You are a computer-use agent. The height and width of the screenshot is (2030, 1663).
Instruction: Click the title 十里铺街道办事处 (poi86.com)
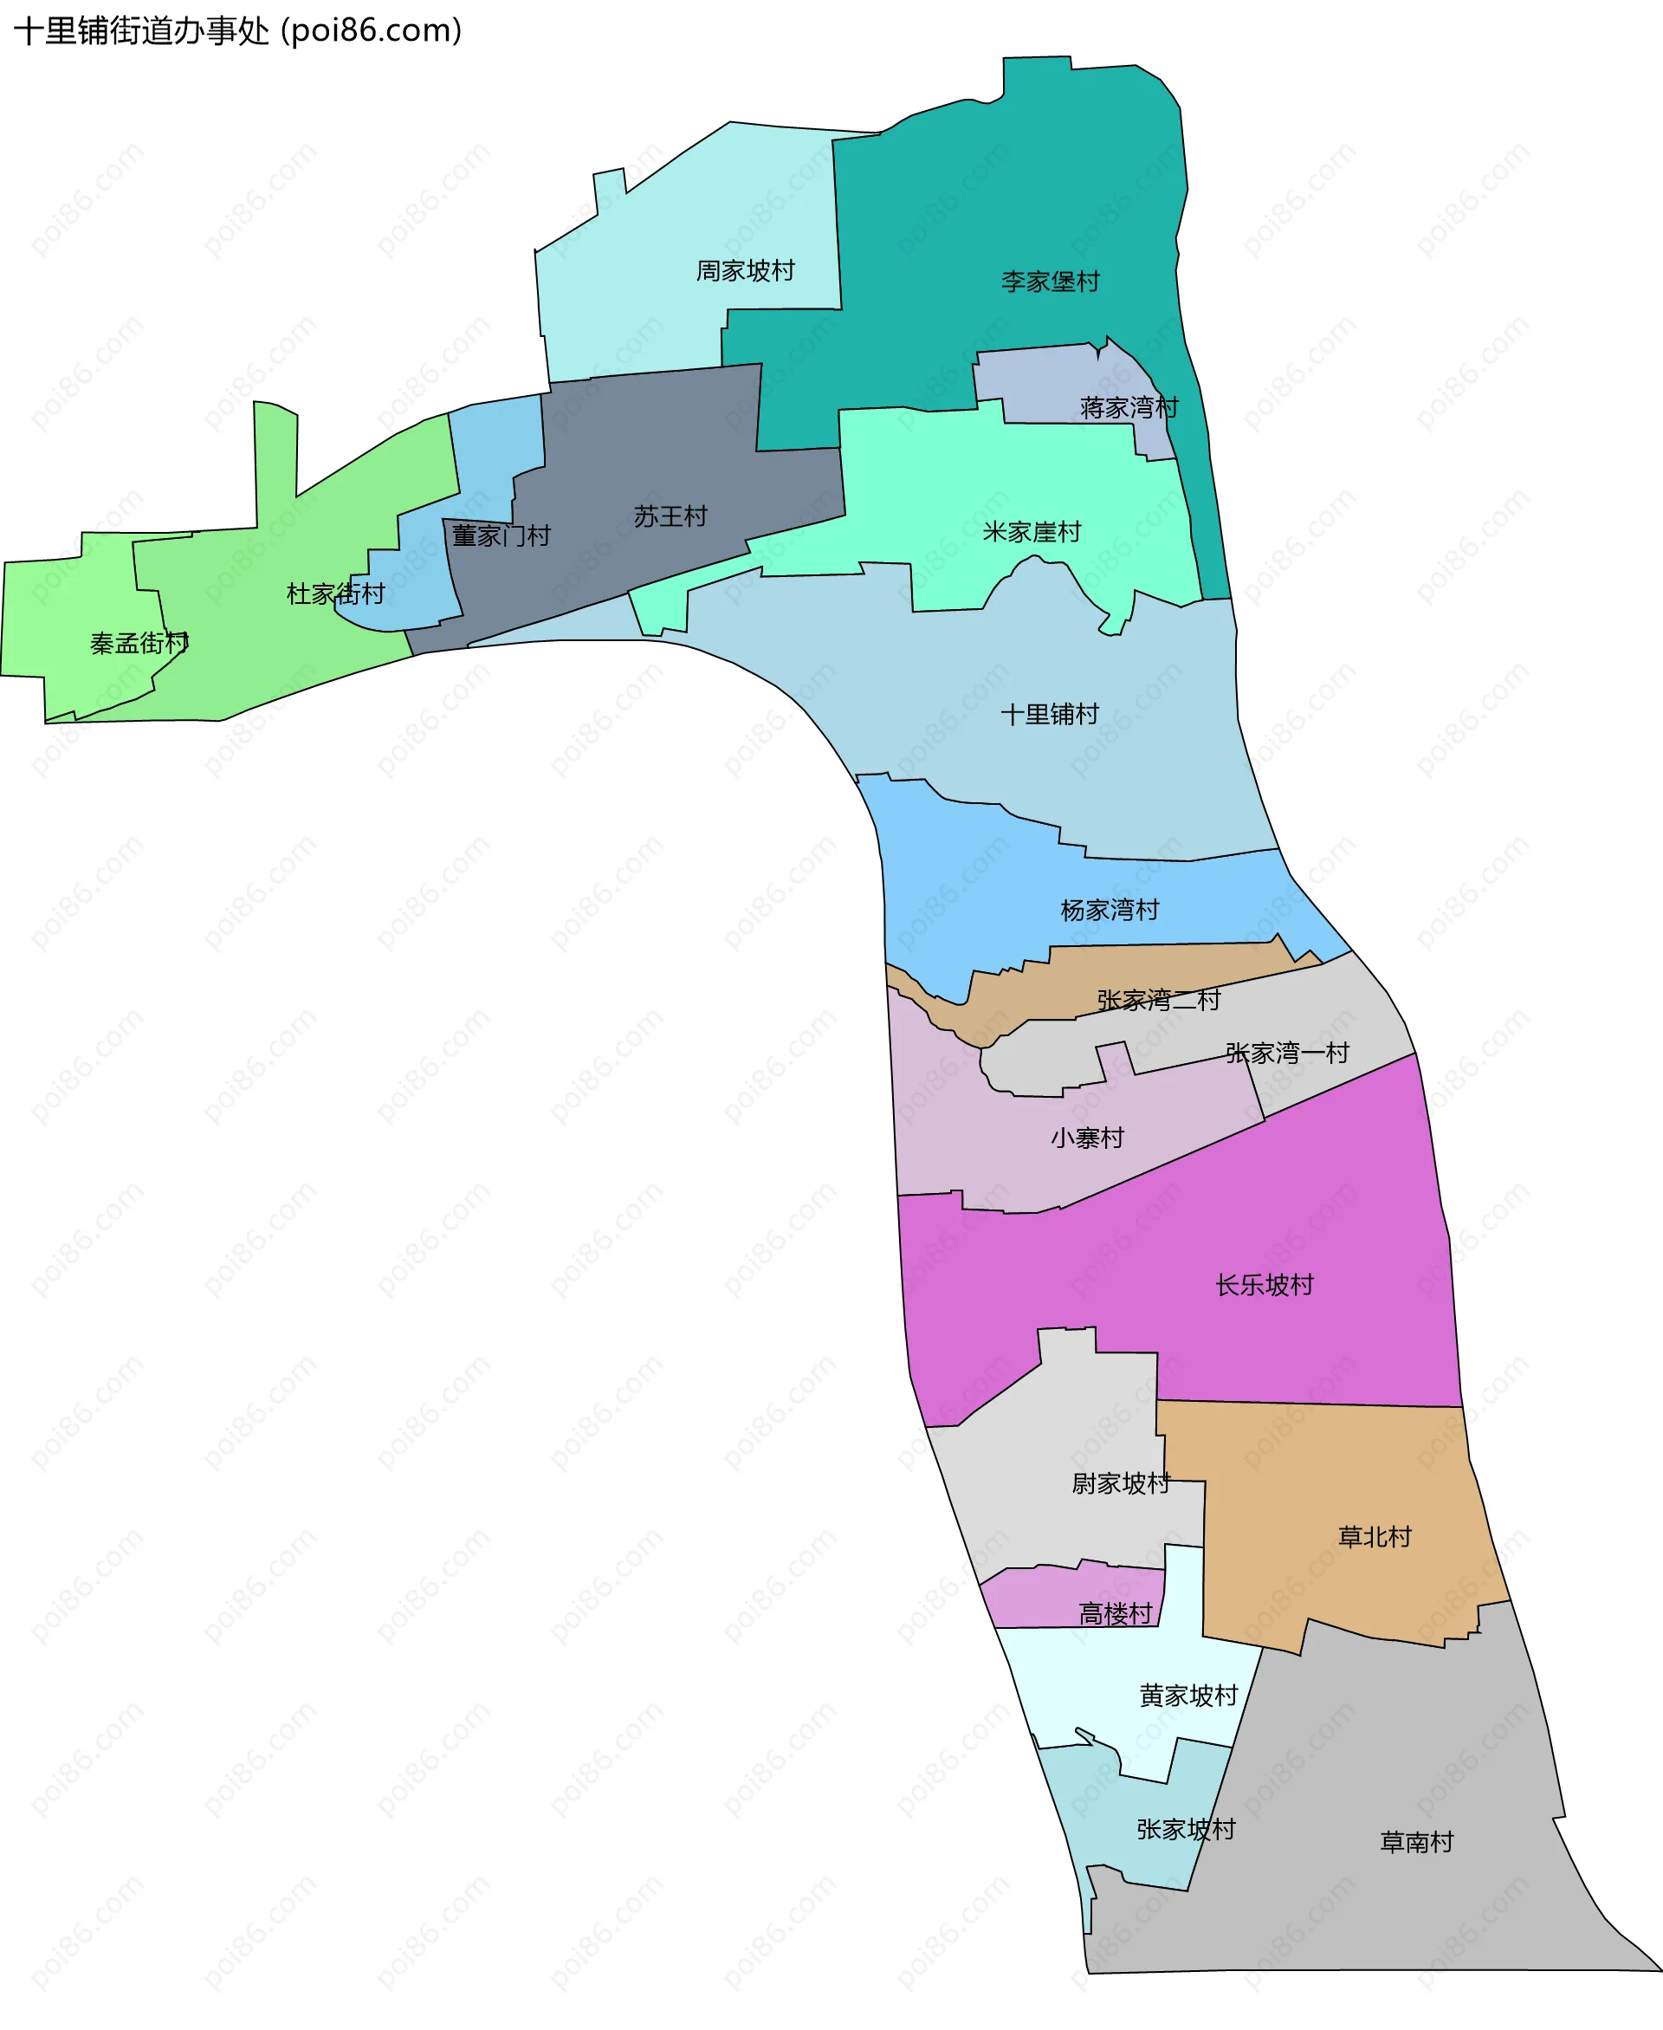coord(237,30)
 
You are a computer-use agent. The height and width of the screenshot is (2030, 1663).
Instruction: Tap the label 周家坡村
coord(745,271)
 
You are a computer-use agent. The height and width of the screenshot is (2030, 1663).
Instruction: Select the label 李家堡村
coord(1050,282)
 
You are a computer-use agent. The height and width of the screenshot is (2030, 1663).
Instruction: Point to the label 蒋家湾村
coord(1129,408)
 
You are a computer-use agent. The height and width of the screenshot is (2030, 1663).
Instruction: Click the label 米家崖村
coord(1032,532)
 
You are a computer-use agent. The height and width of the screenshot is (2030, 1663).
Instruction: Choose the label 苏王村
coord(670,516)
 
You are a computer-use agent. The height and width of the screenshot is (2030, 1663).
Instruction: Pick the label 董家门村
coord(501,535)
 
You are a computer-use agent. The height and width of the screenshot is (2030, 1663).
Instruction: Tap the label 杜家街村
coord(335,594)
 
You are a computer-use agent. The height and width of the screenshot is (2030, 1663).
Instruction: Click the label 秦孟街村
coord(139,643)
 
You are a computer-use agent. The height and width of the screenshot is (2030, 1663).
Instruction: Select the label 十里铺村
coord(1049,714)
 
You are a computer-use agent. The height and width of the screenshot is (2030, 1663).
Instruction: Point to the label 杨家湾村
coord(1110,909)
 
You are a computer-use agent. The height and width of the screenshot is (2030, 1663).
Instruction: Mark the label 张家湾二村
coord(1158,1000)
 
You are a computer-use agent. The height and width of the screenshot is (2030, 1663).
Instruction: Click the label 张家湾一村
coord(1286,1053)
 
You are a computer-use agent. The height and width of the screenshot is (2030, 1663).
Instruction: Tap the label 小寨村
coord(1086,1138)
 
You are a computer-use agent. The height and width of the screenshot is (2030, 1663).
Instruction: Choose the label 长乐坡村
coord(1265,1285)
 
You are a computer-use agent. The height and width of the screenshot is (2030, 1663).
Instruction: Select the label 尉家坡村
coord(1121,1483)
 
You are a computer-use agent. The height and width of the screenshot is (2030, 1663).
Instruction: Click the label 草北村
coord(1375,1537)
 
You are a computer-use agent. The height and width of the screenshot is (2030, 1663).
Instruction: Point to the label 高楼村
coord(1115,1614)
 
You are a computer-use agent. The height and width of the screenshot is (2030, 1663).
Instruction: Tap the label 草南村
coord(1416,1841)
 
